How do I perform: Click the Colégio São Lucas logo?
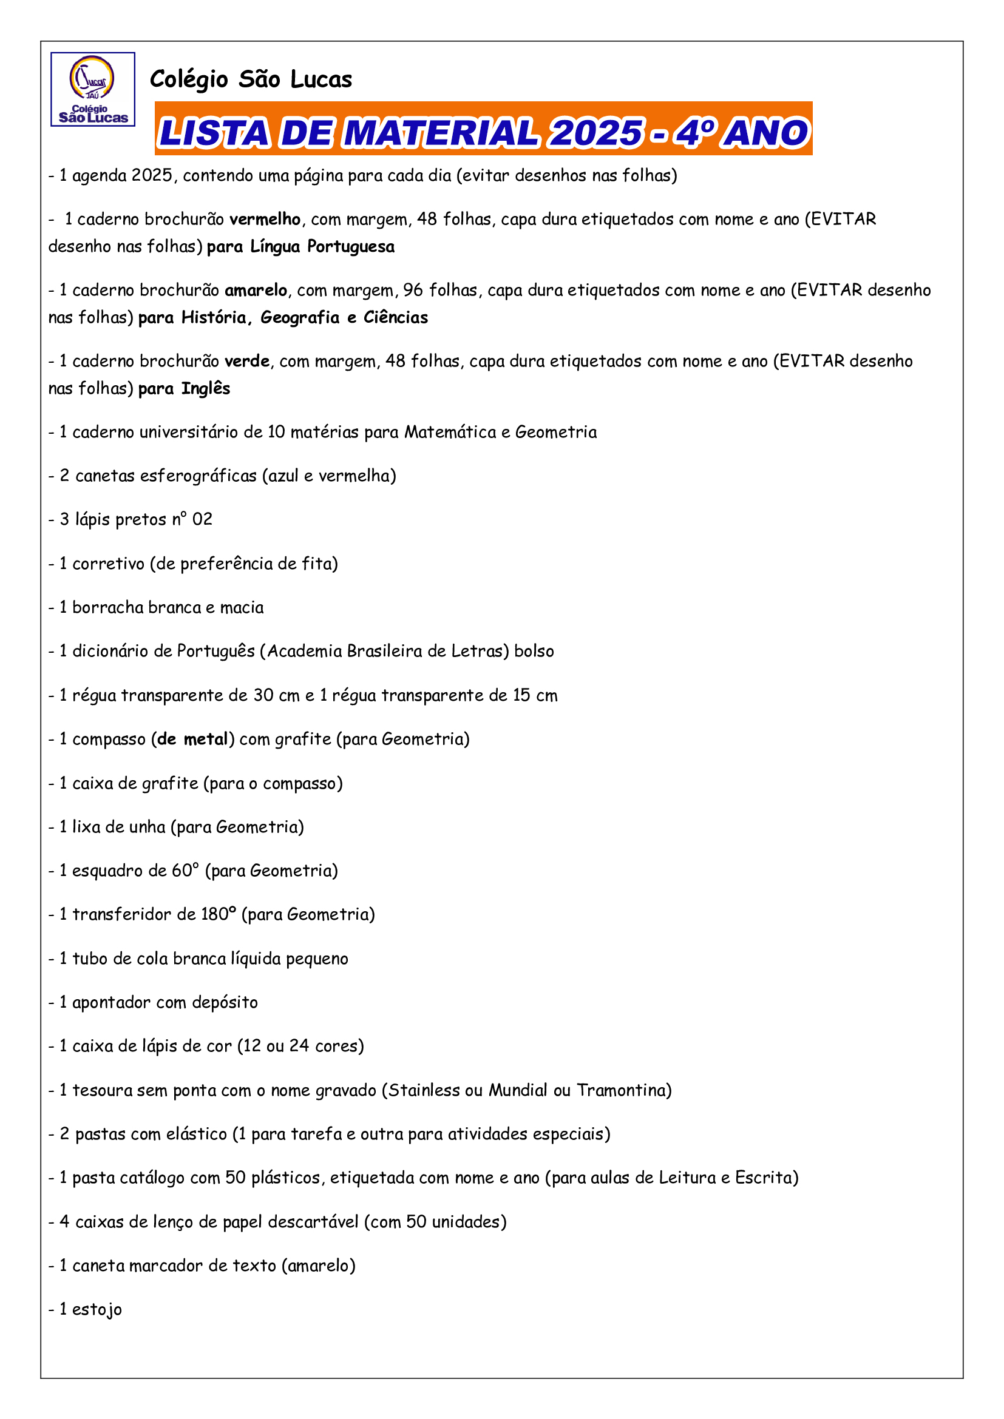point(93,90)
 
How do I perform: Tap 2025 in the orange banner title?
point(596,133)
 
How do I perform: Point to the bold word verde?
point(246,361)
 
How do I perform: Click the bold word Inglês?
point(205,389)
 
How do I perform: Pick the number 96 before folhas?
point(413,291)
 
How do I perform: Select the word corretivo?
point(108,564)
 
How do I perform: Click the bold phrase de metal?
point(193,739)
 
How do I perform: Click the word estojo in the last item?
point(97,1310)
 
